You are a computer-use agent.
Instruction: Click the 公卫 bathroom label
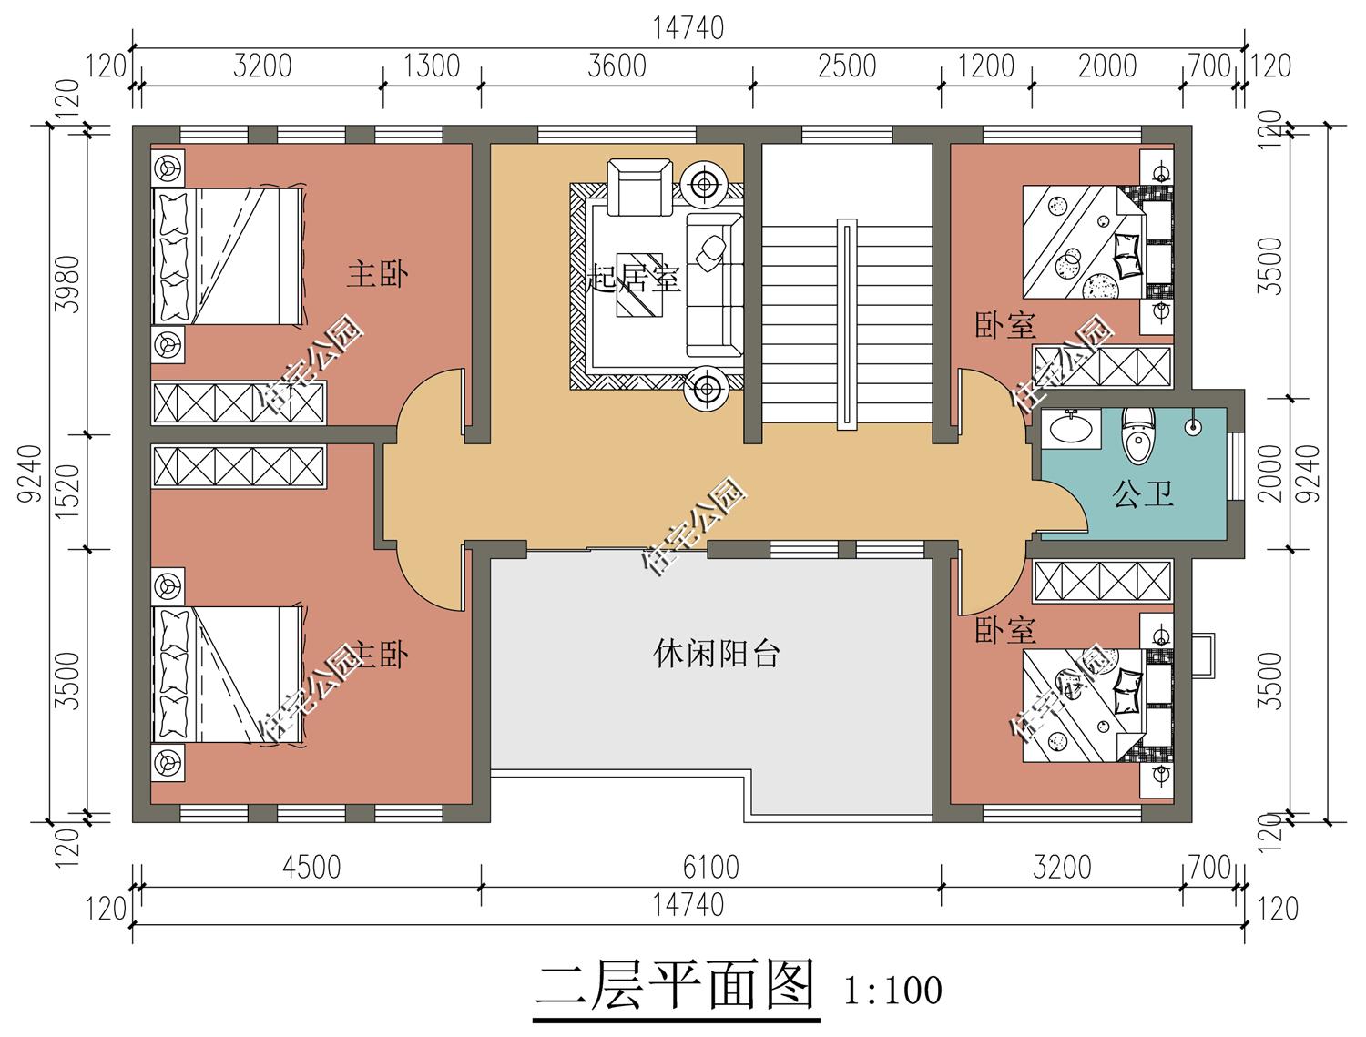point(1142,494)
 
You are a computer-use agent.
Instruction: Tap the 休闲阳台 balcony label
point(717,653)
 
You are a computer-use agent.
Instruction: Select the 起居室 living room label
point(635,278)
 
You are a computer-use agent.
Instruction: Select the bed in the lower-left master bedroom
point(228,675)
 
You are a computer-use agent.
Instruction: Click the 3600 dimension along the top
point(617,66)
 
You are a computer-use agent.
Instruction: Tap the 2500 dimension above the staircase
point(846,66)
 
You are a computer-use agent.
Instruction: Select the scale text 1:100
point(892,989)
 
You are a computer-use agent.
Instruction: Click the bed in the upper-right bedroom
point(1083,242)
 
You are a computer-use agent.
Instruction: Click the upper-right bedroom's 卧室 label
point(1005,326)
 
